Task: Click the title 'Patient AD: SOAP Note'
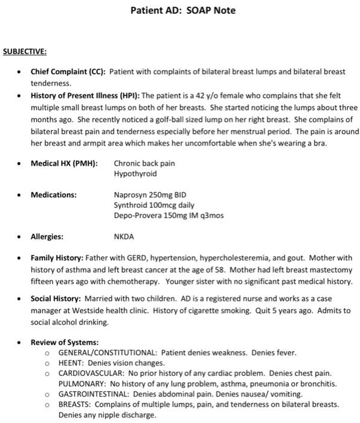pos(183,11)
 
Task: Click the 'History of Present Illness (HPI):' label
pos(85,95)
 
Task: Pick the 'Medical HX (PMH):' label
pos(64,163)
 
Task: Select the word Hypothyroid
pos(135,173)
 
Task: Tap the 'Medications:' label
pos(54,195)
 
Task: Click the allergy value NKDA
pos(124,237)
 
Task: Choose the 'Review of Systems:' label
pos(65,342)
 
